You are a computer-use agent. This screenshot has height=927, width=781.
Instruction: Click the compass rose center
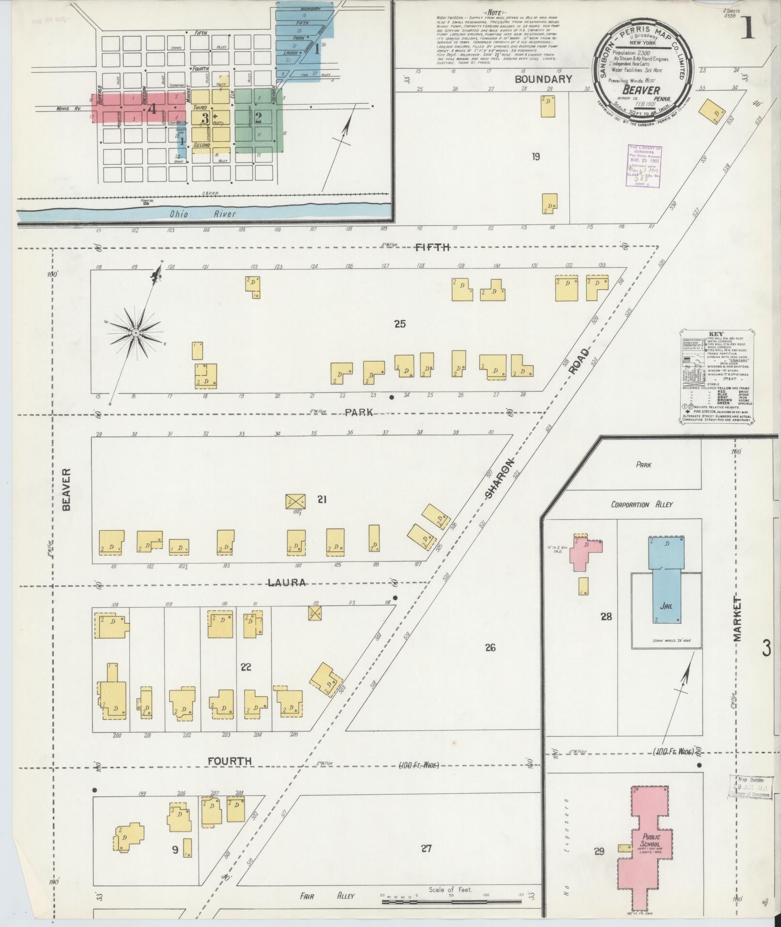click(x=136, y=333)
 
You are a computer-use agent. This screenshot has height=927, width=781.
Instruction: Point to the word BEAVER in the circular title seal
click(x=641, y=90)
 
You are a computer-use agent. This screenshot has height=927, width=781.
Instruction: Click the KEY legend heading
click(x=716, y=334)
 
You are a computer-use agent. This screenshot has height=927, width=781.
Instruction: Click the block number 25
click(x=399, y=324)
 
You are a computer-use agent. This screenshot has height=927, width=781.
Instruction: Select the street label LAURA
click(x=288, y=582)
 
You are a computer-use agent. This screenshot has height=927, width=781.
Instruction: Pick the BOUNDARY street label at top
click(x=543, y=79)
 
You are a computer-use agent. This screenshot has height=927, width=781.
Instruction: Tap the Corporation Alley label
click(x=642, y=504)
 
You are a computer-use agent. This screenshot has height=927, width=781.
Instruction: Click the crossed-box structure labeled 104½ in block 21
click(x=295, y=501)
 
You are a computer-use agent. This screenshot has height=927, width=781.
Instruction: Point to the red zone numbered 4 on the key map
click(x=152, y=109)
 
